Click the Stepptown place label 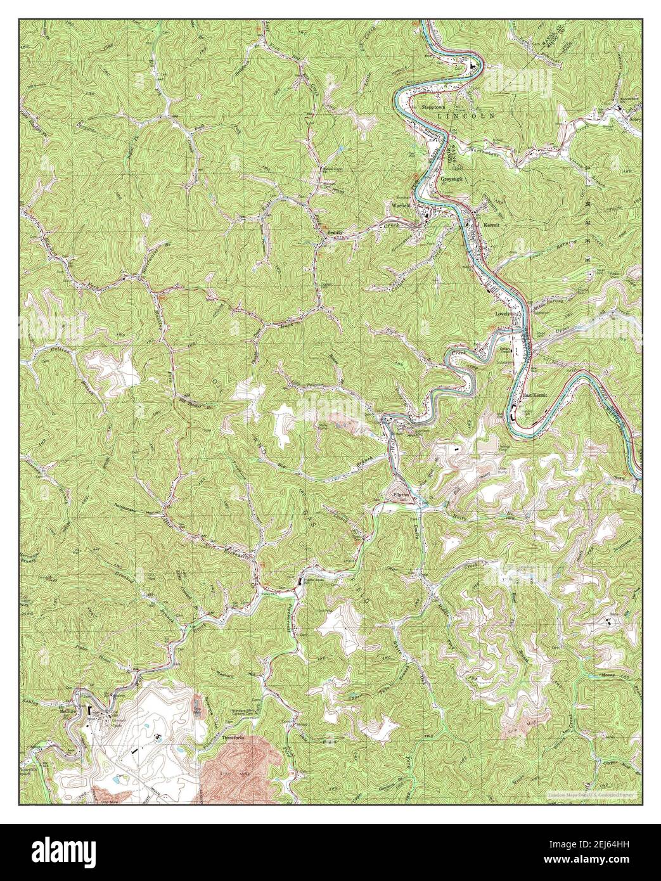pos(435,108)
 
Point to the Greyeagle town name pos(454,179)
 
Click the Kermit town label pos(492,224)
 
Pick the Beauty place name pos(335,233)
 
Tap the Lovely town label pos(503,314)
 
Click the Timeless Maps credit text pos(593,794)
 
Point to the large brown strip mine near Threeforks pos(244,770)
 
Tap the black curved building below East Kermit pos(511,416)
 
